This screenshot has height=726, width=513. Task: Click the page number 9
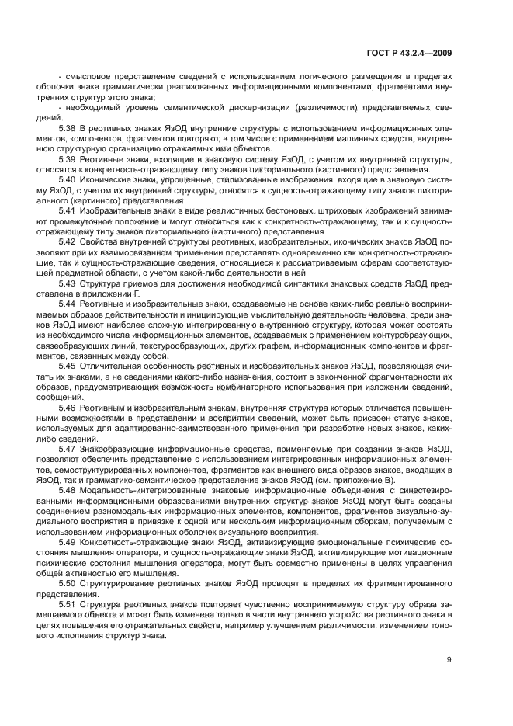450,660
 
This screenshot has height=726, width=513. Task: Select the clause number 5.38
67,126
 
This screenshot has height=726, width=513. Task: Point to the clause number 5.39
67,158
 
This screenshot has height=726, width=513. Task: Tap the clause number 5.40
67,179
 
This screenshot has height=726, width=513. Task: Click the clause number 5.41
67,211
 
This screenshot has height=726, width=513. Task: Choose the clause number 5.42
67,243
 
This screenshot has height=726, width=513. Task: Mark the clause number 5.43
67,285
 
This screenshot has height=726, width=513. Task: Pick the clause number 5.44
67,306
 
